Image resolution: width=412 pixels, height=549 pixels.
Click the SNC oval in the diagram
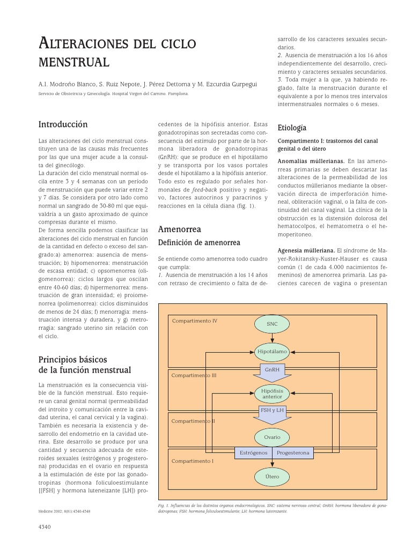pos(272,324)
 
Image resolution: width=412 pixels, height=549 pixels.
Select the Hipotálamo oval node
pos(272,352)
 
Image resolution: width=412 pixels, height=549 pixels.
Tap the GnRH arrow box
pos(272,370)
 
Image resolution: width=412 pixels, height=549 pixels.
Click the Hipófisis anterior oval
pos(272,394)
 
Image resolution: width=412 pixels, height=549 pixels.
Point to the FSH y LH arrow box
pos(272,411)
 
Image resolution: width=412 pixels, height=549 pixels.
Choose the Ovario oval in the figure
pos(272,437)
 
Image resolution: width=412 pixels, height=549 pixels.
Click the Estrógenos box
pos(254,453)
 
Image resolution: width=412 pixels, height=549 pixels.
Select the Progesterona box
pos(293,453)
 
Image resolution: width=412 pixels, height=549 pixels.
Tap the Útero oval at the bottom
pos(272,476)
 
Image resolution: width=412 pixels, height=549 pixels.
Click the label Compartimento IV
pos(195,321)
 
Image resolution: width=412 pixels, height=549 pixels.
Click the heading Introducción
pos(63,124)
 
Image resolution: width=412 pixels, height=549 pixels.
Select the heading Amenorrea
pos(175,229)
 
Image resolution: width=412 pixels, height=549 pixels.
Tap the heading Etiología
pos(292,128)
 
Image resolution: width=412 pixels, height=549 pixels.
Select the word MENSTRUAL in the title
pos(74,62)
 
